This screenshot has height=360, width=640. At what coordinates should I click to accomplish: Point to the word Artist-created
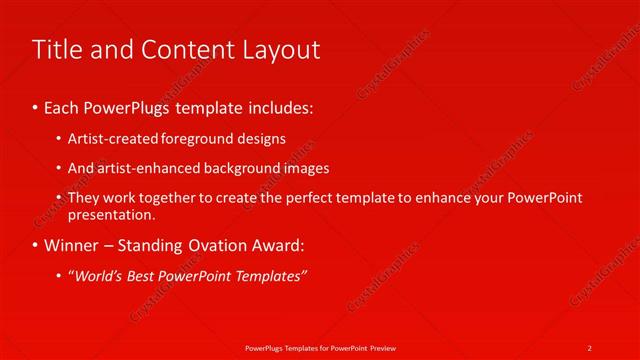(x=110, y=139)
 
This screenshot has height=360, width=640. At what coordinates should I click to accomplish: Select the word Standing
(x=157, y=245)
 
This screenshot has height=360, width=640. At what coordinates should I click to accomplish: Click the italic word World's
(x=99, y=275)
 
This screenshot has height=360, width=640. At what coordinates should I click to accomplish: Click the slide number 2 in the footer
(x=590, y=347)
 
